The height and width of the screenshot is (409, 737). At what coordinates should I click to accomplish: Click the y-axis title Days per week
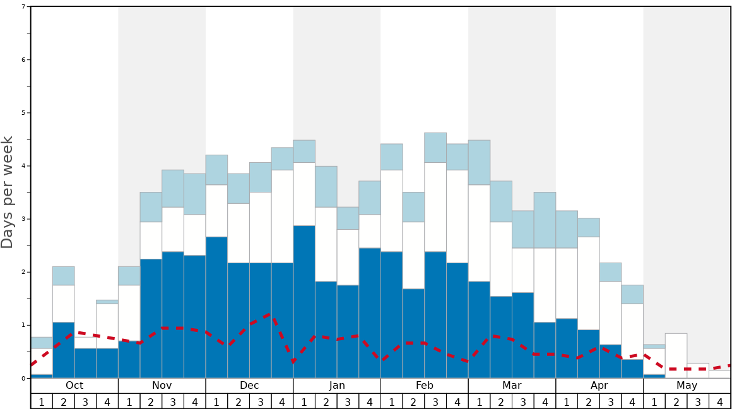coord(8,192)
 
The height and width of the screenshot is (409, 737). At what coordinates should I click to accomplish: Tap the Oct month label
coord(74,385)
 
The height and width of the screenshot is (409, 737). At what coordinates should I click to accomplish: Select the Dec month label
coord(249,385)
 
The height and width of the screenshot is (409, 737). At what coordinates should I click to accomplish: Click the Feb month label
coord(425,385)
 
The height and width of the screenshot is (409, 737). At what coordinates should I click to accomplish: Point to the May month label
coord(687,385)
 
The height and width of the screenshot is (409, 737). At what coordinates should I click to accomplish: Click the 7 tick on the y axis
coord(23,7)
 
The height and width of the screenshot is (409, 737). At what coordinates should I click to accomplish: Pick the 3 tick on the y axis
coord(23,219)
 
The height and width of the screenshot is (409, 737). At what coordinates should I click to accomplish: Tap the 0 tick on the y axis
coord(23,378)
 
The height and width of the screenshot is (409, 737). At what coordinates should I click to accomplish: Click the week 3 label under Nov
coord(173,401)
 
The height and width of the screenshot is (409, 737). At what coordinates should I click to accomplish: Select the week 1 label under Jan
coord(304,401)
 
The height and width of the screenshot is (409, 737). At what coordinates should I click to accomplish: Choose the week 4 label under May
coord(720,401)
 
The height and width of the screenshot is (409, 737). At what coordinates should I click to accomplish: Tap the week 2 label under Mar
coord(501,401)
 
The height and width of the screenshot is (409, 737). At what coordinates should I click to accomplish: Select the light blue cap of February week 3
coord(435,148)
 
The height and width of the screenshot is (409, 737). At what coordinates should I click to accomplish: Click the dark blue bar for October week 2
coord(64,350)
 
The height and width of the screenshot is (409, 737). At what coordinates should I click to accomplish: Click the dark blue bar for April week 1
coord(567,348)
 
